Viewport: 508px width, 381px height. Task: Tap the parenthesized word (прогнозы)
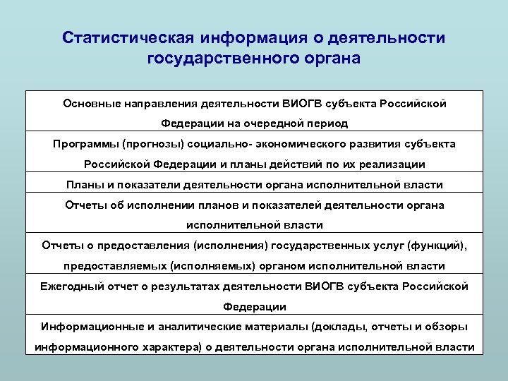(150, 144)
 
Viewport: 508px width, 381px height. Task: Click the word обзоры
(445, 327)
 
